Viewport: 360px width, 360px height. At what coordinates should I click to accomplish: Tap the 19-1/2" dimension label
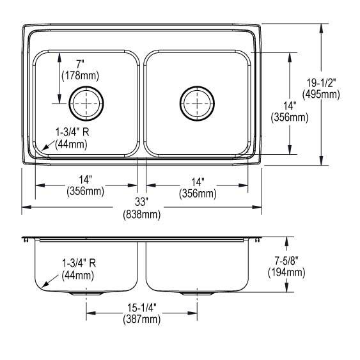pos(321,82)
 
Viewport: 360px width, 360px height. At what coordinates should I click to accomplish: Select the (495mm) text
pos(321,95)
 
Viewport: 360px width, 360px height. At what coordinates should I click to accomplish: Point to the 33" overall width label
pos(141,202)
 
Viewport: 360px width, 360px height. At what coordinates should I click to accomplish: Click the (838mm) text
pos(142,215)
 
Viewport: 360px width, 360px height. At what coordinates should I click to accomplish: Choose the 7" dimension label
pos(80,64)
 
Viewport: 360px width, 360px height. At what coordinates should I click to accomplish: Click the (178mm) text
pos(81,75)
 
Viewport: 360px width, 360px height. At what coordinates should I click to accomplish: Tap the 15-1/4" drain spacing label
pos(142,308)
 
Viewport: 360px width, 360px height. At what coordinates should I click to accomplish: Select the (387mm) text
pos(142,319)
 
